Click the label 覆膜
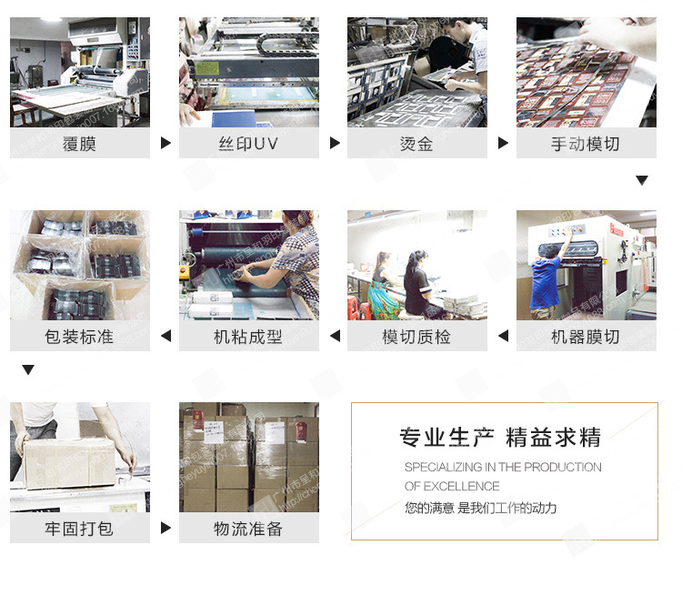(79, 144)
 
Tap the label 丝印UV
(248, 144)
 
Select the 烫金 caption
(416, 144)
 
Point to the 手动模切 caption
(586, 144)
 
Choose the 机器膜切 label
(586, 337)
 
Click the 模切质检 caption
(416, 337)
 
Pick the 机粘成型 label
(248, 337)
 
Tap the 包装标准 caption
(79, 337)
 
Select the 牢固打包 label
(79, 529)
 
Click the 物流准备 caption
(248, 529)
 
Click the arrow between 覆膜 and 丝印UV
(165, 143)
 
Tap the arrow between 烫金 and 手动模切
(503, 143)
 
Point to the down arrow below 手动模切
(642, 180)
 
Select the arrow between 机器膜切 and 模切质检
(503, 337)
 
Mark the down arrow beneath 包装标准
(28, 369)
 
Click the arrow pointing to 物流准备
(165, 528)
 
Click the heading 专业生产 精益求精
(500, 438)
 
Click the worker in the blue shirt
(547, 282)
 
